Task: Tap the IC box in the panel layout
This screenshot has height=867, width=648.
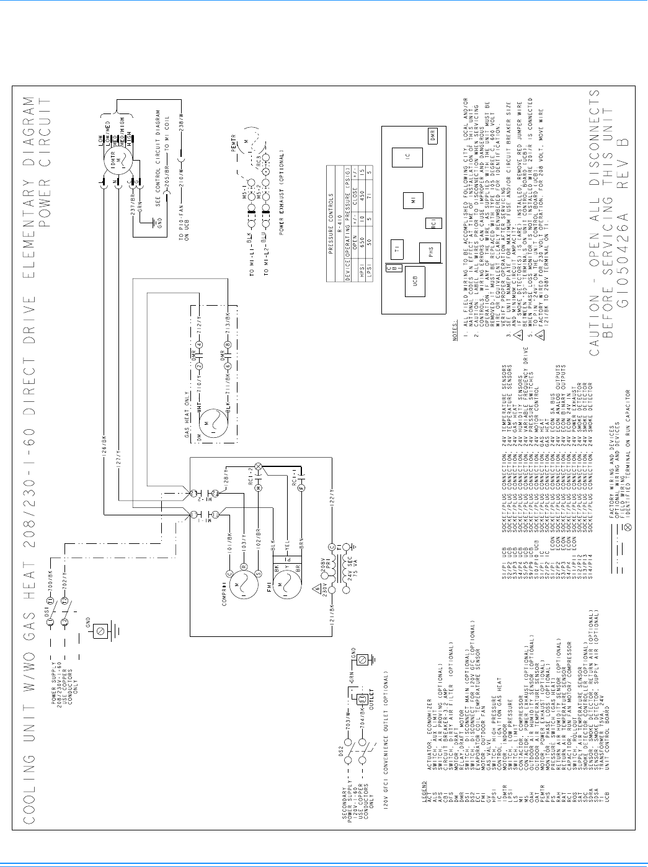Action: (406, 158)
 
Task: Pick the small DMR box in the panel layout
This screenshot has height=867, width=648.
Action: (433, 135)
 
